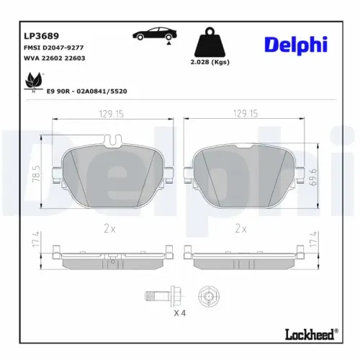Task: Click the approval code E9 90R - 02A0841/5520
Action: (x=86, y=92)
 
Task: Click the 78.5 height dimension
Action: (x=34, y=173)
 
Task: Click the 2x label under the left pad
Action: (x=110, y=228)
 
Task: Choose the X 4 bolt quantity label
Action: (x=181, y=315)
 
